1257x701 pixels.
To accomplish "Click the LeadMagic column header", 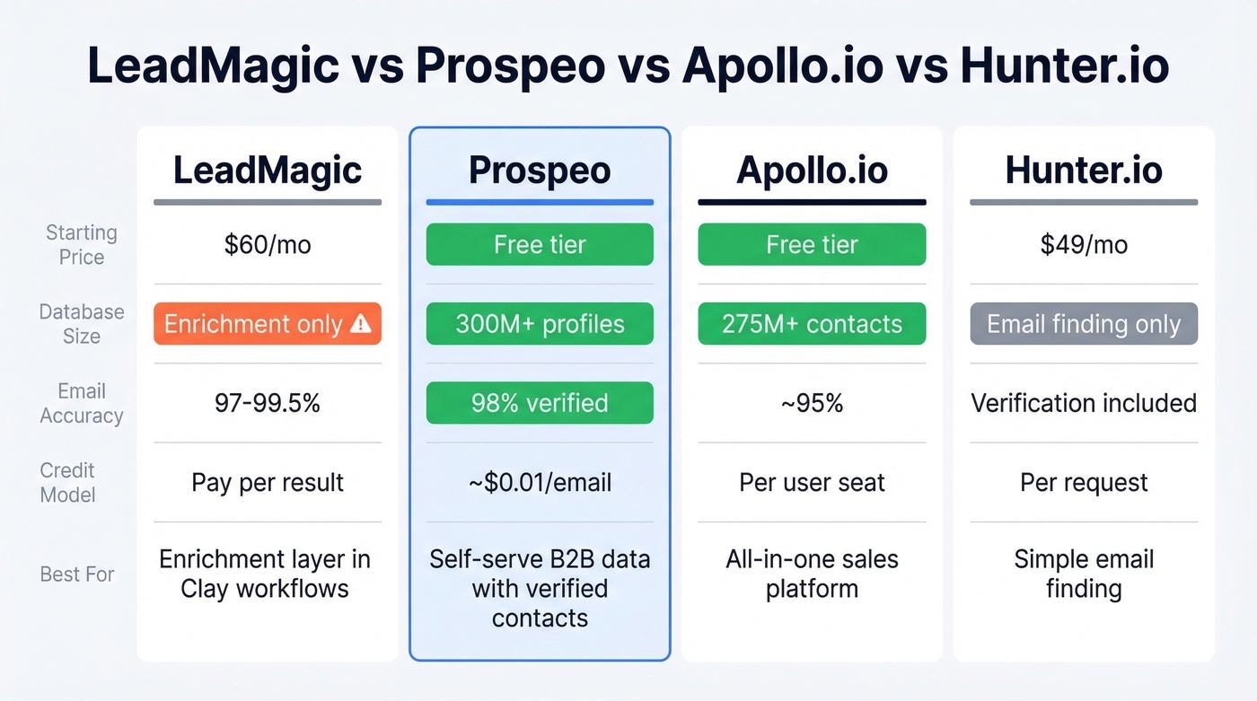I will [x=267, y=171].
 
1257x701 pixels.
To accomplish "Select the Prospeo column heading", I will [x=540, y=171].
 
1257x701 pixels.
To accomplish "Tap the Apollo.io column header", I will [x=812, y=171].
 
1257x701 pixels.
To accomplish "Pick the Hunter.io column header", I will [x=1084, y=171].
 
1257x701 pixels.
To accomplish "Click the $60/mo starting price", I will [x=267, y=245].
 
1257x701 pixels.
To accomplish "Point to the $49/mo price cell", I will [x=1084, y=245].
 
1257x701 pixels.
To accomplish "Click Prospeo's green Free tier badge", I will [x=540, y=245].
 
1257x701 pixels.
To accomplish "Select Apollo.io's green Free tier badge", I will [x=812, y=245].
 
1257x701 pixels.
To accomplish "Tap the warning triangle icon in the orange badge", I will [x=360, y=324].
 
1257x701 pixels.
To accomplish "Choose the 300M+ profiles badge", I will [x=540, y=324].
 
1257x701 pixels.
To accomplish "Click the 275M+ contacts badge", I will [x=812, y=324].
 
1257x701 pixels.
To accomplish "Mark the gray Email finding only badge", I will [x=1084, y=324].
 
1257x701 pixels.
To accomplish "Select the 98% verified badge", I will [x=540, y=403].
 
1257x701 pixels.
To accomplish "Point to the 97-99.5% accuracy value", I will [x=267, y=403].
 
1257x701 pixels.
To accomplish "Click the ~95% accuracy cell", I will [x=812, y=403].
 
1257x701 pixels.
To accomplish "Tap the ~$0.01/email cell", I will [x=540, y=482].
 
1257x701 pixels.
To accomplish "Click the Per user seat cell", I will [x=812, y=482].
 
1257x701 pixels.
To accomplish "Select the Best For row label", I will [x=77, y=574].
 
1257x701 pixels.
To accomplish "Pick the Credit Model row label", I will [x=67, y=482].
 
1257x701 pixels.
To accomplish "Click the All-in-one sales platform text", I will [x=812, y=574].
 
